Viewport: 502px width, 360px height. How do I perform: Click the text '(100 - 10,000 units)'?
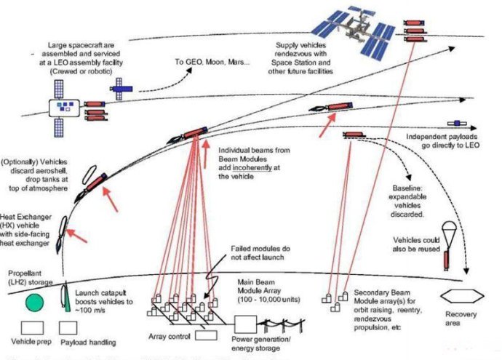(x=260, y=298)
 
